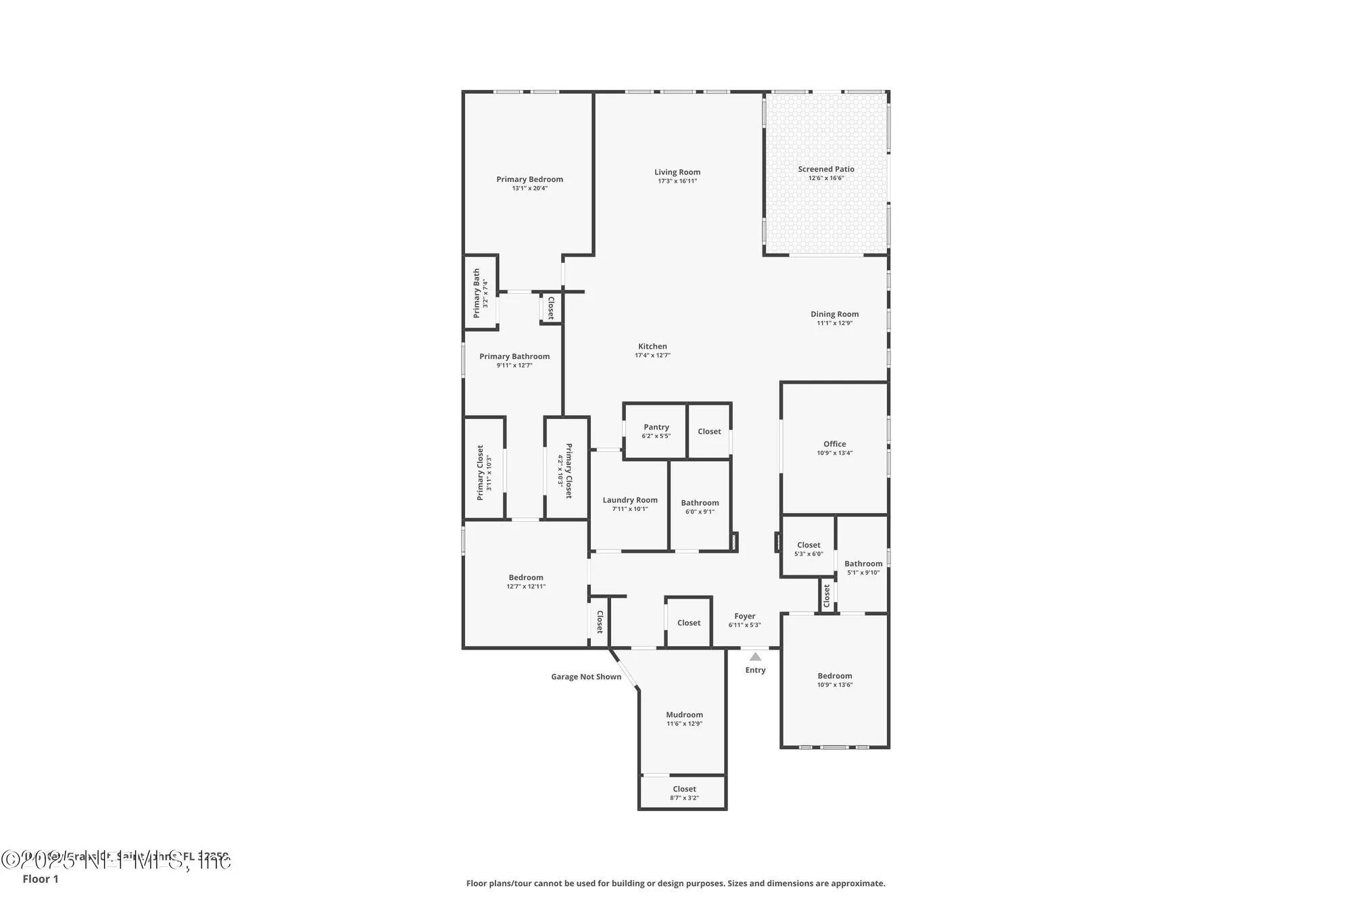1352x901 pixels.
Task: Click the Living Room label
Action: (677, 172)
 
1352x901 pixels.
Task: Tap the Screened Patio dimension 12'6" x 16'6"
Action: (825, 178)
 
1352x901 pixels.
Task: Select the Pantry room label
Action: (656, 427)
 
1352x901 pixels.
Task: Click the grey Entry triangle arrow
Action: (755, 656)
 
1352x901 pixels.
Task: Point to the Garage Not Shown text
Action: (585, 677)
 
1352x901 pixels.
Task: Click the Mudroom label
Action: (684, 714)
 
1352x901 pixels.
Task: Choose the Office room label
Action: (834, 444)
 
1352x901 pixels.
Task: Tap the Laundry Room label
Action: (629, 500)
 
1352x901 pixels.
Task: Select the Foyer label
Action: (744, 616)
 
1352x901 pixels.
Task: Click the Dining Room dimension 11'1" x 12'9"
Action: (834, 323)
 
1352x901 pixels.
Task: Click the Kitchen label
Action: (652, 347)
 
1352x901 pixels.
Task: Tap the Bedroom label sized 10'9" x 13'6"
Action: (834, 676)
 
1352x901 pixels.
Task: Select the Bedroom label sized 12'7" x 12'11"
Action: (526, 578)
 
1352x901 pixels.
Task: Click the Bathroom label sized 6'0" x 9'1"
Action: (700, 503)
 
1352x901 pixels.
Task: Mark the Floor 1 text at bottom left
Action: (41, 879)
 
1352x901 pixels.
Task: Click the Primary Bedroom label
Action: (529, 179)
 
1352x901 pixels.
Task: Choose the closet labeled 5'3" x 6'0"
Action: (808, 545)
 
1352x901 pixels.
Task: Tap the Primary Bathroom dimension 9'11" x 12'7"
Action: (514, 366)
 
